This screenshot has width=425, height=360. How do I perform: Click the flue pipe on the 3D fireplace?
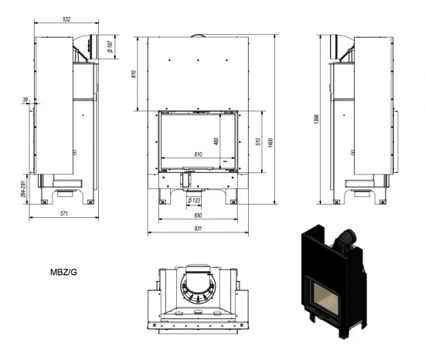pos(348,235)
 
